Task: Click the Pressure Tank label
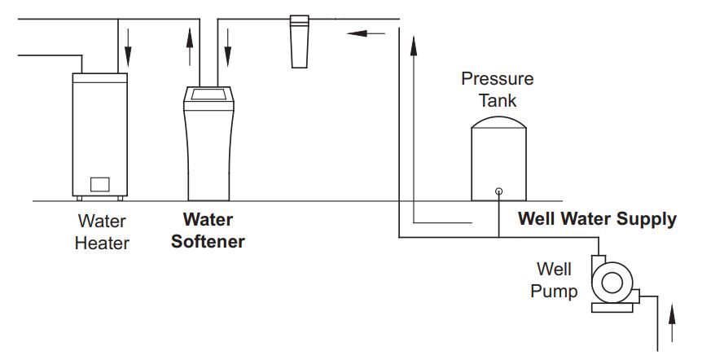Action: pos(497,90)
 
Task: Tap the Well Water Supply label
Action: pos(597,219)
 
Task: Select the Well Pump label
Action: pos(554,279)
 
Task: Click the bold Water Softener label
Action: pos(208,230)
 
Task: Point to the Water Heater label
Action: pos(102,231)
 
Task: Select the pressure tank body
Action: pos(498,163)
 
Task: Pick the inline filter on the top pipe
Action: pos(298,41)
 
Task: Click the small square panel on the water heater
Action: pos(99,184)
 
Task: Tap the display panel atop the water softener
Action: pos(208,96)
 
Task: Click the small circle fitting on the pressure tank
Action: pos(498,191)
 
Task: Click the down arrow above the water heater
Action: pos(128,50)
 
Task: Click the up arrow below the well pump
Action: pos(672,321)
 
